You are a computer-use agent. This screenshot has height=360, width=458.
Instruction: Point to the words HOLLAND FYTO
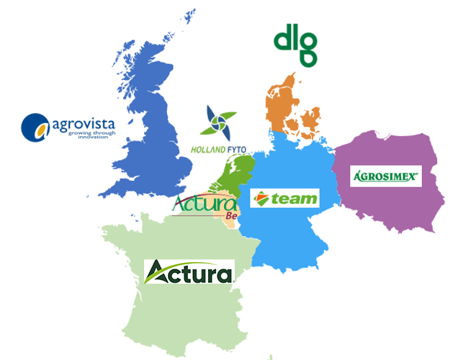tap(218, 150)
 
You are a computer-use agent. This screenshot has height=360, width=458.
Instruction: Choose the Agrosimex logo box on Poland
tap(385, 175)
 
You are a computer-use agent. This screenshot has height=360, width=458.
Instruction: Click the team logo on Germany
tap(284, 199)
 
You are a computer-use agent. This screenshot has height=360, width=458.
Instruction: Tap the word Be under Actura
tap(231, 216)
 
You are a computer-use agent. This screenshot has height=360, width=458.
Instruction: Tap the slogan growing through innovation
tap(83, 135)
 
